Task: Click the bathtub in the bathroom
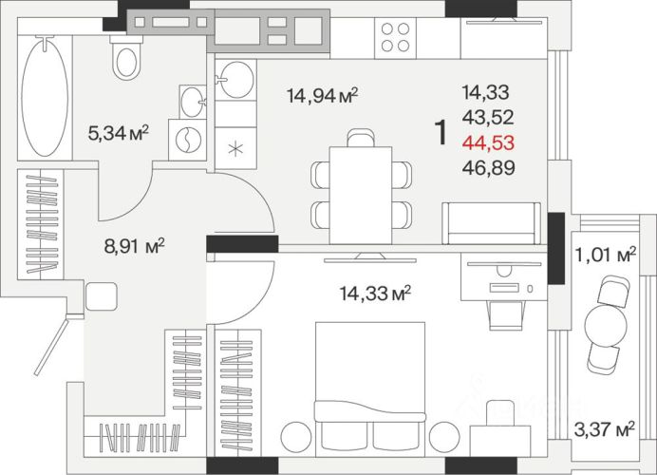(x=45, y=97)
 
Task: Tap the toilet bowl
(x=126, y=58)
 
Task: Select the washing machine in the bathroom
(x=187, y=140)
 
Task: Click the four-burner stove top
(x=395, y=38)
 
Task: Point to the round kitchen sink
(x=235, y=80)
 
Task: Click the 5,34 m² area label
(x=119, y=134)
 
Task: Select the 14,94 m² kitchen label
(x=322, y=96)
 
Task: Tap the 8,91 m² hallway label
(x=134, y=246)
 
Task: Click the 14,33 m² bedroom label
(x=375, y=293)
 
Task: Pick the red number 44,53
(x=488, y=142)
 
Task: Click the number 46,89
(x=489, y=168)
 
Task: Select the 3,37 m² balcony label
(x=604, y=429)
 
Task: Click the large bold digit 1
(x=441, y=132)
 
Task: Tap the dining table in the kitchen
(x=361, y=195)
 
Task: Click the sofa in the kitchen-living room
(x=492, y=223)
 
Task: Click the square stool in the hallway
(x=101, y=296)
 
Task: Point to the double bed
(x=370, y=389)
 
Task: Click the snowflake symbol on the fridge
(x=235, y=149)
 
